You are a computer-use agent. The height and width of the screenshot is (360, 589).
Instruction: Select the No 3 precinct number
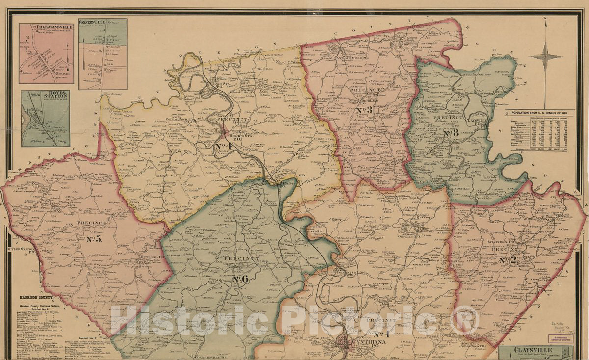(365, 110)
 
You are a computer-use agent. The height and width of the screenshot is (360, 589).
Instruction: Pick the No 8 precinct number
(450, 133)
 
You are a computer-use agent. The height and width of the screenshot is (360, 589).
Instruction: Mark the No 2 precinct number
(508, 260)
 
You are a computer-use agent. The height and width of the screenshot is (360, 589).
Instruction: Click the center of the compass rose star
(545, 56)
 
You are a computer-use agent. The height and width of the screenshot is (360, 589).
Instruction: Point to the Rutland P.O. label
(154, 256)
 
